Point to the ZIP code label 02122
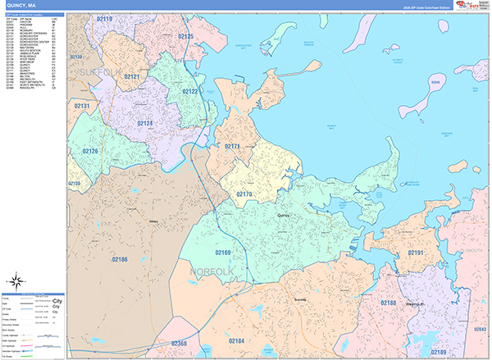190,92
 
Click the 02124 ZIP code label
145,124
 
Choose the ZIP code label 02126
90,151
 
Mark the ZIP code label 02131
82,106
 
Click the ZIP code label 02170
244,194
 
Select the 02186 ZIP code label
120,259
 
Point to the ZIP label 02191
417,252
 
